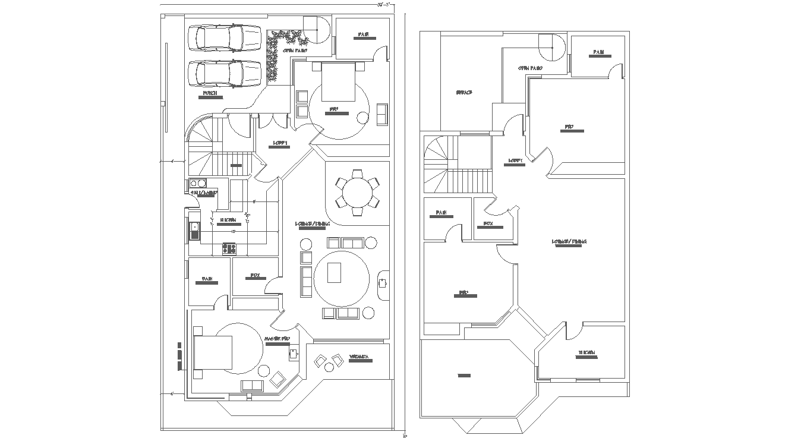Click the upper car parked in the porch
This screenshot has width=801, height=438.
tap(224, 39)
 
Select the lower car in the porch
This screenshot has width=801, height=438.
tap(224, 74)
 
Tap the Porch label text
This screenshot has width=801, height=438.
tap(209, 94)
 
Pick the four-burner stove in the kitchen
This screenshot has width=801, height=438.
tap(229, 248)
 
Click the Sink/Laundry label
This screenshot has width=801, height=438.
tap(204, 193)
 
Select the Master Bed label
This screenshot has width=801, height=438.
tap(277, 339)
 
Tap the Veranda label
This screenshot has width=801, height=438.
tap(359, 357)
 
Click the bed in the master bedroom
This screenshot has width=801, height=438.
tap(212, 352)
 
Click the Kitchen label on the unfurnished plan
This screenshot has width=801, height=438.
tap(586, 354)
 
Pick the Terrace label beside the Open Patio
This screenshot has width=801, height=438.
tap(463, 93)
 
